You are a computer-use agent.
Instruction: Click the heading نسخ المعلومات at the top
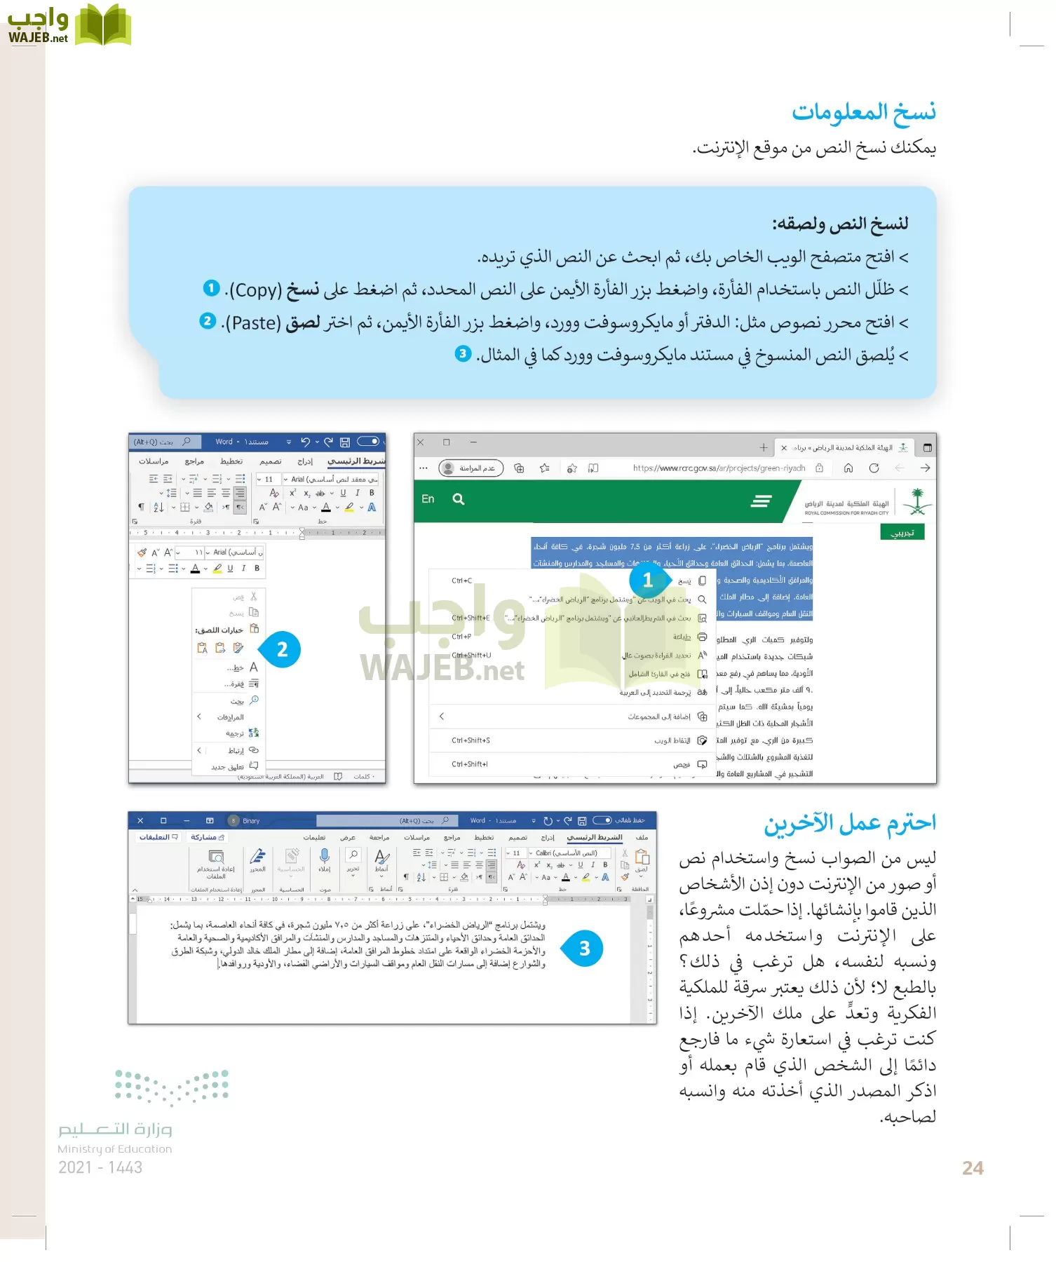(863, 112)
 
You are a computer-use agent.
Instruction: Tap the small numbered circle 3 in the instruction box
(463, 353)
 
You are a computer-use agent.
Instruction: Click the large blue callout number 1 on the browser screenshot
(648, 580)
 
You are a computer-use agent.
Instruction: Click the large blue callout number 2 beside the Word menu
(282, 649)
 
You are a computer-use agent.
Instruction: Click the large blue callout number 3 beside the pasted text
(584, 949)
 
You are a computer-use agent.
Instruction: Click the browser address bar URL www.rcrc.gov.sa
(718, 468)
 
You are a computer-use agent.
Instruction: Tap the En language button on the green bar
(428, 499)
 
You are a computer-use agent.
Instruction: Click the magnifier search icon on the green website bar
(459, 499)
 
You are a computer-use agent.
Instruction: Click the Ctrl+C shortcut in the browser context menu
(462, 581)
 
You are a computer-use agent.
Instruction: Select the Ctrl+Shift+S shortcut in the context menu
(471, 740)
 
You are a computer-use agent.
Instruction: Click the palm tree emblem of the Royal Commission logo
(916, 501)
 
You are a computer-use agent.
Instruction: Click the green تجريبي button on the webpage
(902, 533)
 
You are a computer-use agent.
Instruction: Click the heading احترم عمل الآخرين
(850, 823)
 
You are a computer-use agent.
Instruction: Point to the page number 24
(973, 1168)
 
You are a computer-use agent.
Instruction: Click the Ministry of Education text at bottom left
(114, 1149)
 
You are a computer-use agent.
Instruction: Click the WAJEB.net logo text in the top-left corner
(38, 38)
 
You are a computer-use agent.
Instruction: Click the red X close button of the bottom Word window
(140, 820)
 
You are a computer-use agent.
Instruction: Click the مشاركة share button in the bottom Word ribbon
(207, 837)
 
